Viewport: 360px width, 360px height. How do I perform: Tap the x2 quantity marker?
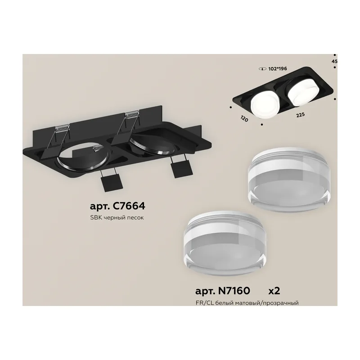274,291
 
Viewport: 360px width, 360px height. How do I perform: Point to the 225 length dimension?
300,115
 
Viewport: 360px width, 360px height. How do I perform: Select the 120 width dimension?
244,118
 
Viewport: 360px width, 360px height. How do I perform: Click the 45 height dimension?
334,61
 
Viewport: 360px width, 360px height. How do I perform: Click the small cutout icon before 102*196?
261,69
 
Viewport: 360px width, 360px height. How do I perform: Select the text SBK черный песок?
117,218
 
